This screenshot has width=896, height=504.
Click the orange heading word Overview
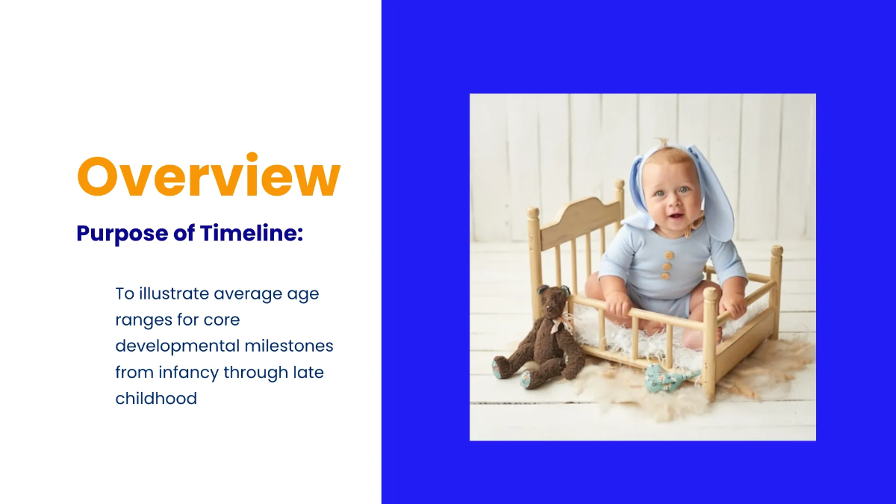tap(208, 176)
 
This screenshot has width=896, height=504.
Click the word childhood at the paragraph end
tap(156, 398)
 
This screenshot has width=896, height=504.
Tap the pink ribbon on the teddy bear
tap(562, 324)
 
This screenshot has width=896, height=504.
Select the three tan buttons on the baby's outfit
tap(667, 265)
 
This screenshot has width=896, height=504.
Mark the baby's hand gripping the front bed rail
tap(619, 305)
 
